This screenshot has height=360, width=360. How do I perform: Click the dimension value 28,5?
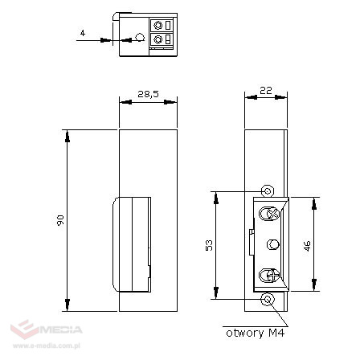tap(147, 95)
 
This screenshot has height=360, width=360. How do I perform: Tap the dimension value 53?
tap(208, 244)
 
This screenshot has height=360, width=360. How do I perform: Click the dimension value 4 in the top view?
tap(83, 33)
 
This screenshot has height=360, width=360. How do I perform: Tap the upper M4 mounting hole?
tap(268, 190)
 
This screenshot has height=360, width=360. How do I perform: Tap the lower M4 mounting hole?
tap(268, 299)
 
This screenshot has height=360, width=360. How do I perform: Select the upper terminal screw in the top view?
tap(158, 22)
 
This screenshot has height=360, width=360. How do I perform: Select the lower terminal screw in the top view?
tap(158, 39)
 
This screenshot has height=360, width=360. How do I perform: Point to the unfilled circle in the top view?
tap(140, 38)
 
